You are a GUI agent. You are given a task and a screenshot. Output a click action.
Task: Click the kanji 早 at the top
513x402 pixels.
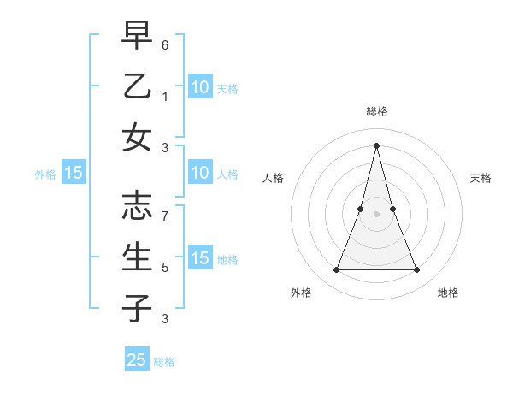137,35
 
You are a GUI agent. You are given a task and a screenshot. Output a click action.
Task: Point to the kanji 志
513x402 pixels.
137,205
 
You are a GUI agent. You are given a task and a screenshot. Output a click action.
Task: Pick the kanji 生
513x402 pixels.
137,257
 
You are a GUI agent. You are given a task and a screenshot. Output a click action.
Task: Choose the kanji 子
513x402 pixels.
137,308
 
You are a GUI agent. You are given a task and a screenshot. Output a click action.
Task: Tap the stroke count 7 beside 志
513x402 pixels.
165,216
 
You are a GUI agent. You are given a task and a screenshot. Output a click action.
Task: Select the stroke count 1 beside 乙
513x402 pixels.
165,97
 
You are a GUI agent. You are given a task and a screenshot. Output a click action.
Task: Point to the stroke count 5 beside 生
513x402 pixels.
165,268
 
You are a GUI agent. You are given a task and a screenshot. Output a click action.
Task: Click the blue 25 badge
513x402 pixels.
137,360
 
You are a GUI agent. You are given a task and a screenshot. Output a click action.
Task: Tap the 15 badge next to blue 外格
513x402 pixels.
74,174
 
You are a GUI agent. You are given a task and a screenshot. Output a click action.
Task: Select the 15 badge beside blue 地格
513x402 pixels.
199,259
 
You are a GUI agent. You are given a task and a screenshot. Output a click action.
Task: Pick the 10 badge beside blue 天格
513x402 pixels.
199,87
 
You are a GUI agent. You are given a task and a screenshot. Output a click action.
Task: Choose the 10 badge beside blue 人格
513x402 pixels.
199,174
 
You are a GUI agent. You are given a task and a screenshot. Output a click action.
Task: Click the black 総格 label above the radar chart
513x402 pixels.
377,111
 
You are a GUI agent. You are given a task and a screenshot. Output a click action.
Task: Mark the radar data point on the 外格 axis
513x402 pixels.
336,270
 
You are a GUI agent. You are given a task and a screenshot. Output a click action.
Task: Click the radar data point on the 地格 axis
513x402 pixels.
417,270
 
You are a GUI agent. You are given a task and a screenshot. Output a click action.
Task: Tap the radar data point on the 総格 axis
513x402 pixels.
377,145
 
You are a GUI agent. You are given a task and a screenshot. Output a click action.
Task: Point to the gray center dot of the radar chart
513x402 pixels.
377,213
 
